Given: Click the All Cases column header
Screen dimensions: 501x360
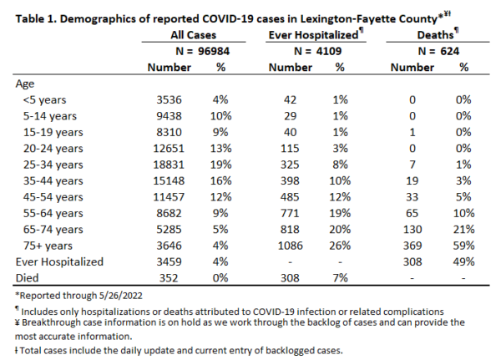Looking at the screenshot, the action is click(194, 35).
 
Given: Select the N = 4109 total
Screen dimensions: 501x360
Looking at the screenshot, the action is click(317, 51).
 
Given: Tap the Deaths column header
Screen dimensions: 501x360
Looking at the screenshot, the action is click(436, 35).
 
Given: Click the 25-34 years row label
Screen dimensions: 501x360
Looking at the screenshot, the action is click(53, 165).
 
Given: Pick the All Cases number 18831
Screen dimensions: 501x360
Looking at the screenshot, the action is click(169, 165).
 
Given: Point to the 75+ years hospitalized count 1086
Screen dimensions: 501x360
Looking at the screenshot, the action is click(290, 246).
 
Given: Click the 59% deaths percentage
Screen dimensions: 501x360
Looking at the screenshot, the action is click(463, 246).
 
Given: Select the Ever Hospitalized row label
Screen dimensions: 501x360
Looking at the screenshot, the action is click(59, 261).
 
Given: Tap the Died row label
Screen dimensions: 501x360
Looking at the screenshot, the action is click(27, 278).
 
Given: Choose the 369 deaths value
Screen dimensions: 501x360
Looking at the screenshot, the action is click(412, 246).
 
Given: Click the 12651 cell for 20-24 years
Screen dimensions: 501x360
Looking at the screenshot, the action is click(169, 149).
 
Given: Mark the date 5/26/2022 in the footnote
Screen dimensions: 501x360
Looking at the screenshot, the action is click(120, 296).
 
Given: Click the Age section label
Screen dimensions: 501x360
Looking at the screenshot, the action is click(25, 84).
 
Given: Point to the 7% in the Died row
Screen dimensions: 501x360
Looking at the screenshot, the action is click(340, 278).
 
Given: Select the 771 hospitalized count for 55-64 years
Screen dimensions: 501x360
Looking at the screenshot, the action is click(290, 213).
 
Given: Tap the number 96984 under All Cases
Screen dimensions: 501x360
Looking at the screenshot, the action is click(214, 51).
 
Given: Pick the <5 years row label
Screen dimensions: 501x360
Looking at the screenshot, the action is click(45, 100).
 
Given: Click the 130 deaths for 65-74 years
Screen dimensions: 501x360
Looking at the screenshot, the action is click(412, 229).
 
